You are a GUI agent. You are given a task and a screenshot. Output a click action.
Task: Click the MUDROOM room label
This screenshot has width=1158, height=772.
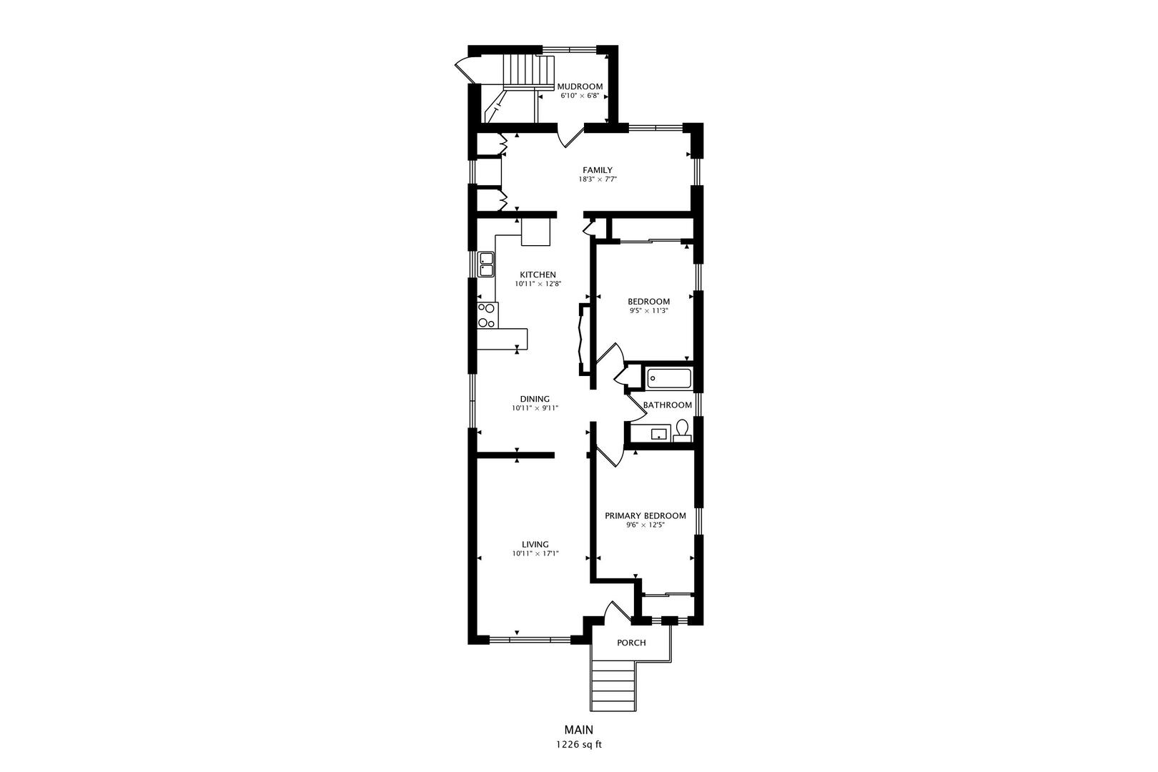click(x=580, y=86)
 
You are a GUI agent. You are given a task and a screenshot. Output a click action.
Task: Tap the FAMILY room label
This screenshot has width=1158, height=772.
click(x=597, y=170)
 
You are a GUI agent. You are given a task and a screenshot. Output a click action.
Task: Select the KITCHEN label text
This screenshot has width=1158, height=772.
click(x=538, y=274)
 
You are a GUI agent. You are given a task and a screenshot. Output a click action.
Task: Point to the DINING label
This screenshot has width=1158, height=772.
click(x=535, y=399)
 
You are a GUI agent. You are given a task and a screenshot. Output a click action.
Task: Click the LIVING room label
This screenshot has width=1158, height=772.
click(x=535, y=544)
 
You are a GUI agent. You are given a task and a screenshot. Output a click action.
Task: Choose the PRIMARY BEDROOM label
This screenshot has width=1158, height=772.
click(x=645, y=515)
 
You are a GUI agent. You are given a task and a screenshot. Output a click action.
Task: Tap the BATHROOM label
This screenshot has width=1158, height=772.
click(x=668, y=405)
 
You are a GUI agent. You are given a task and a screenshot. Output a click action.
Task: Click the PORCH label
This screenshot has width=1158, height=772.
click(x=631, y=643)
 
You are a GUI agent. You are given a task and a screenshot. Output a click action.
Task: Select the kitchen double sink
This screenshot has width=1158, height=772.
click(x=124, y=264)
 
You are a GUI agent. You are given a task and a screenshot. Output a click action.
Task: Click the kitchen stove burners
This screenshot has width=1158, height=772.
click(x=125, y=315)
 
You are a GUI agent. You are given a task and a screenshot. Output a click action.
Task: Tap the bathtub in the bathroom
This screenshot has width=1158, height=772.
click(x=669, y=378)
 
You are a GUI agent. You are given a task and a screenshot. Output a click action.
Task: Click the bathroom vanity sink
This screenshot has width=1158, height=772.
click(x=658, y=433)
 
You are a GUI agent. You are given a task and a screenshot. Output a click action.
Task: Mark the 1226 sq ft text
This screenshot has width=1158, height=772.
click(x=579, y=745)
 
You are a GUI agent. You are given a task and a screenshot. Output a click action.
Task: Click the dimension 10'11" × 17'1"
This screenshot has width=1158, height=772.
click(x=535, y=554)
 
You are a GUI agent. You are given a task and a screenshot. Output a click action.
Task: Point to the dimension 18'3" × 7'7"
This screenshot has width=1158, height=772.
click(x=598, y=179)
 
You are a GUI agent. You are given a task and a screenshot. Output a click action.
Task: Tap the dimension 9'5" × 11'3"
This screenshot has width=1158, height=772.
click(x=649, y=311)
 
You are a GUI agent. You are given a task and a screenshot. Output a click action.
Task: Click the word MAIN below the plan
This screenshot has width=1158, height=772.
click(x=579, y=730)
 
